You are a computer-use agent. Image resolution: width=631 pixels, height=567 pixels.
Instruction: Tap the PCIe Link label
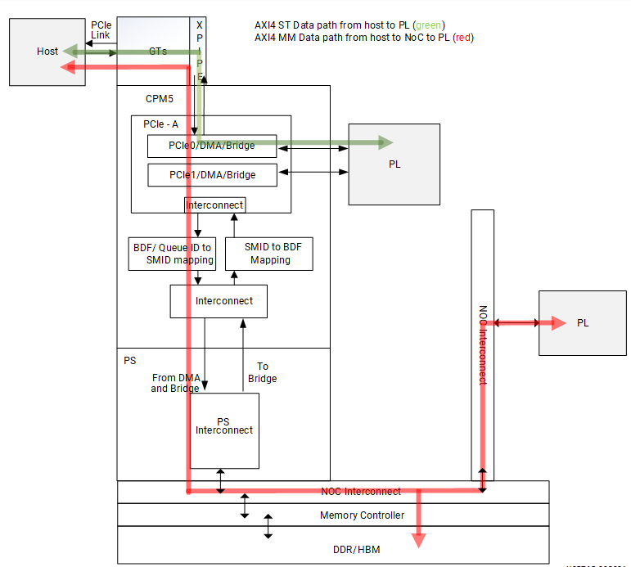pyautogui.click(x=101, y=29)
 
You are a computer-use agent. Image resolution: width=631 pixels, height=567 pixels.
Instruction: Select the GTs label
pyautogui.click(x=158, y=51)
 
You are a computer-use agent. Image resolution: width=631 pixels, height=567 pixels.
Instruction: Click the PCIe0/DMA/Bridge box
pyautogui.click(x=212, y=146)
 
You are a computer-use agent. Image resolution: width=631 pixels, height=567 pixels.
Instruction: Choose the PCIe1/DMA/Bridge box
pyautogui.click(x=212, y=175)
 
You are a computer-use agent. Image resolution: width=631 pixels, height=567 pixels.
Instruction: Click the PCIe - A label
pyautogui.click(x=160, y=124)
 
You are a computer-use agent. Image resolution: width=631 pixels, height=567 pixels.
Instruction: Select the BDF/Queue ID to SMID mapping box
pyautogui.click(x=173, y=254)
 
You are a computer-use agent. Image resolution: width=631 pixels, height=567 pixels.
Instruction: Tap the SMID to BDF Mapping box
pyautogui.click(x=269, y=254)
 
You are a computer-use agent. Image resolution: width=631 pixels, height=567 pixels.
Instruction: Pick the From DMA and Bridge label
pyautogui.click(x=175, y=383)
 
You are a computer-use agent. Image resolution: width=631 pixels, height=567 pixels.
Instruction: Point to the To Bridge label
pyautogui.click(x=262, y=372)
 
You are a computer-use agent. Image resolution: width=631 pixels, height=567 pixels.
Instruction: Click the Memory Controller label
pyautogui.click(x=362, y=515)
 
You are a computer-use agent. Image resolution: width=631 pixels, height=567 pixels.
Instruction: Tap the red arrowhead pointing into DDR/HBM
pyautogui.click(x=419, y=540)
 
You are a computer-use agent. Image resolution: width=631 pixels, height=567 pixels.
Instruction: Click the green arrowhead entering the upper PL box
pyautogui.click(x=385, y=144)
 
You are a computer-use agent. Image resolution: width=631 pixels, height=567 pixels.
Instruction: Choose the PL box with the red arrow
pyautogui.click(x=582, y=323)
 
